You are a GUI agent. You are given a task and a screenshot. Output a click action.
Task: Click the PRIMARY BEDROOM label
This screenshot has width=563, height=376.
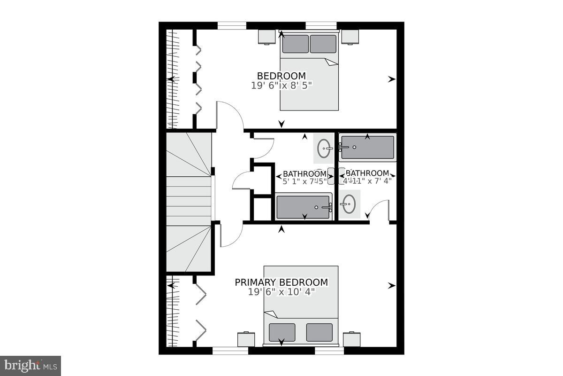click(281, 282)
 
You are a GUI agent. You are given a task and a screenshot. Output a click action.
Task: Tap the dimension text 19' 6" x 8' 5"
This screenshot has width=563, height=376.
click(281, 85)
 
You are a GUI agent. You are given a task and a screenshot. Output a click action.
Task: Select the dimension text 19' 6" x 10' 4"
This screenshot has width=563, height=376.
click(281, 292)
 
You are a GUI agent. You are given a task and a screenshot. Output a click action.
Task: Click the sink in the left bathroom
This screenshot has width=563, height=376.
click(324, 149)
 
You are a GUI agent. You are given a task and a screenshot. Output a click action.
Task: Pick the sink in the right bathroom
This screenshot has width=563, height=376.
click(349, 204)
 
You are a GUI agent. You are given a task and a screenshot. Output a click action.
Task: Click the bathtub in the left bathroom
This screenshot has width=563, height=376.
click(304, 207)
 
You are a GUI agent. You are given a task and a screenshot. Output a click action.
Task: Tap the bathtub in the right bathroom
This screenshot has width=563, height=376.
click(367, 147)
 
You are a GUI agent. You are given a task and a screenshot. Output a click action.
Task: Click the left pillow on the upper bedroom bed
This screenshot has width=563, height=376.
click(295, 44)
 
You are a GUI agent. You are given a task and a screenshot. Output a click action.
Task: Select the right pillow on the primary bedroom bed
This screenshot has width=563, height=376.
click(319, 332)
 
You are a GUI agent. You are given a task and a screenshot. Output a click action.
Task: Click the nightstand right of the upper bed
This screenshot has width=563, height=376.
click(350, 37)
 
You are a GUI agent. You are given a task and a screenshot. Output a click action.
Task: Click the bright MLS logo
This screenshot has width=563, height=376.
click(30, 365)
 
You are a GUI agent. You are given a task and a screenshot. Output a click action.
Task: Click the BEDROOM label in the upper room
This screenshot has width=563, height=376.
click(281, 76)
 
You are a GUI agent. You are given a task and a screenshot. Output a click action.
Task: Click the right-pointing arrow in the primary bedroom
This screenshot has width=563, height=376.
click(392, 285)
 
